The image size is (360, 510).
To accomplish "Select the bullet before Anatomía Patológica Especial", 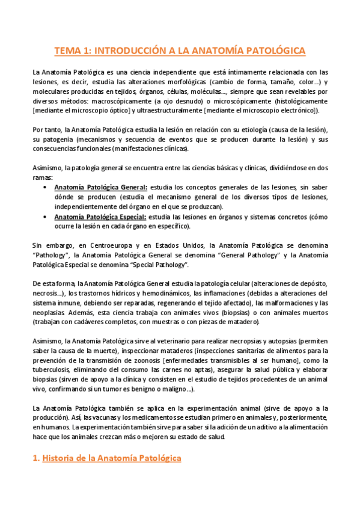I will pos(46,217).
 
